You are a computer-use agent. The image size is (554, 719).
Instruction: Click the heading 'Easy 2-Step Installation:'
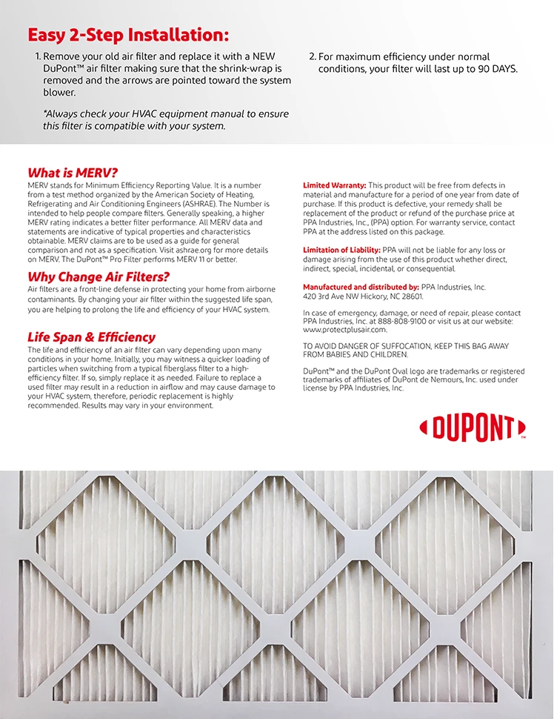click(x=128, y=35)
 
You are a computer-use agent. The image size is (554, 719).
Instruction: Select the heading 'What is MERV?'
click(x=73, y=172)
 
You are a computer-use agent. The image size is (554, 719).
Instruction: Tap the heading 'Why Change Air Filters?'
click(x=99, y=277)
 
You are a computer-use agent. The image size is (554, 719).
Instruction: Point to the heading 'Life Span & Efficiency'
click(x=91, y=337)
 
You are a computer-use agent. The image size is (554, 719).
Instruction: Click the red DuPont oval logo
click(x=473, y=428)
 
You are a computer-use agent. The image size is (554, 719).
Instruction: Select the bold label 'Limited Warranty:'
click(x=334, y=185)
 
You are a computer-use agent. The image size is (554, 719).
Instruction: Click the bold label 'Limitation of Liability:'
click(x=341, y=251)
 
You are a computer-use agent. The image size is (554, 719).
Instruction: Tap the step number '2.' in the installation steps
click(x=312, y=57)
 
